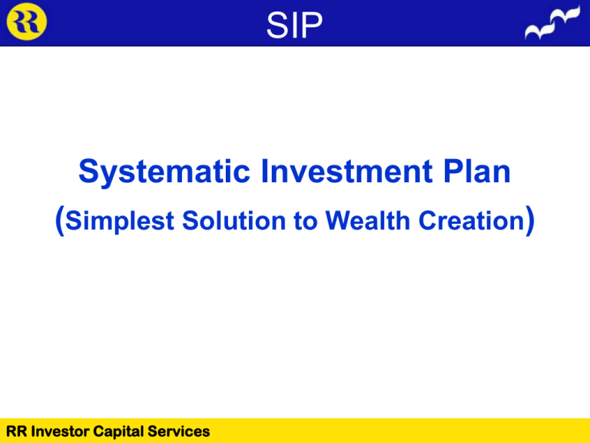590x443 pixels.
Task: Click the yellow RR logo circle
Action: [x=27, y=22]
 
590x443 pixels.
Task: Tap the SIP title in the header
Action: [x=294, y=25]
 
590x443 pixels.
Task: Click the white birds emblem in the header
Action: [x=552, y=22]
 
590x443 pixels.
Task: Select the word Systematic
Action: [x=164, y=172]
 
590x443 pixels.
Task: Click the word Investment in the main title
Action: [x=346, y=172]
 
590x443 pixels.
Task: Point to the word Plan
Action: [x=477, y=172]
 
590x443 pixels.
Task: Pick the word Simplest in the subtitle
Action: [x=119, y=221]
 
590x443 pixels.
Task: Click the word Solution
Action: [x=234, y=220]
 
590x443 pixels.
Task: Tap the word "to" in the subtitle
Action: [x=306, y=221]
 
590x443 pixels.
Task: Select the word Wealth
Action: [x=368, y=220]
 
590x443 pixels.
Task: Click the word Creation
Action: [x=472, y=220]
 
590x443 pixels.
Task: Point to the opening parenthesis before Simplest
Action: [x=59, y=221]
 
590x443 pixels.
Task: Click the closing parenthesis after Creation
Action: [x=530, y=221]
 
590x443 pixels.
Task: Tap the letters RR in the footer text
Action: [x=16, y=431]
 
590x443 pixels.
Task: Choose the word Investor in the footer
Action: [x=60, y=431]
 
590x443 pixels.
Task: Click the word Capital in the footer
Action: [x=118, y=432]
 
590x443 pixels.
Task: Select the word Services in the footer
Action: [x=179, y=431]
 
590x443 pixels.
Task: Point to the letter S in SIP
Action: [x=277, y=25]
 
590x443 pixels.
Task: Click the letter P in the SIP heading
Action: [x=312, y=25]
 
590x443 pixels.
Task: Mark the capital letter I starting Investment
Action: [x=264, y=172]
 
